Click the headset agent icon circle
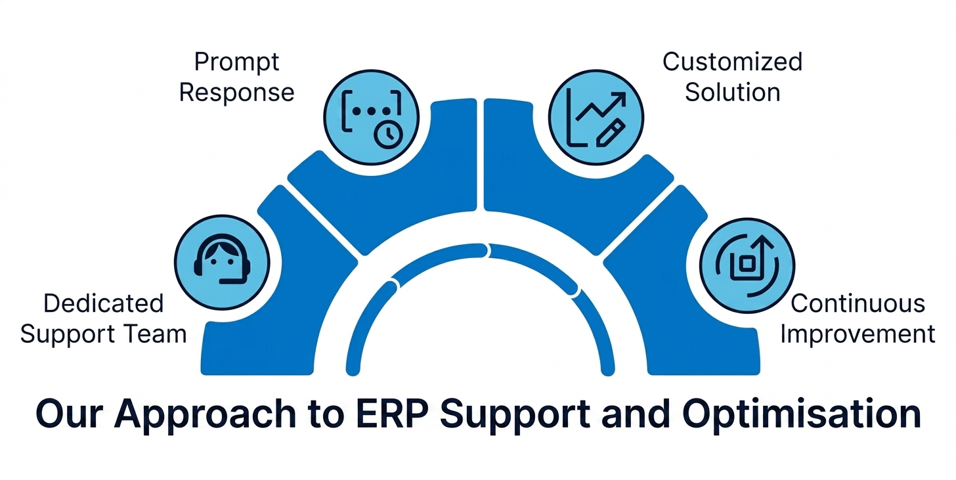pos(222,263)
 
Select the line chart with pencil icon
pos(596,118)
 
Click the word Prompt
pos(237,63)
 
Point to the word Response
pos(237,93)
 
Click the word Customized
pos(732,62)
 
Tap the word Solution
pos(732,92)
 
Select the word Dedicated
pos(103,304)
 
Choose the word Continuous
pos(858,304)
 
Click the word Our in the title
pos(70,414)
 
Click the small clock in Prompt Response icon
pos(389,134)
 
